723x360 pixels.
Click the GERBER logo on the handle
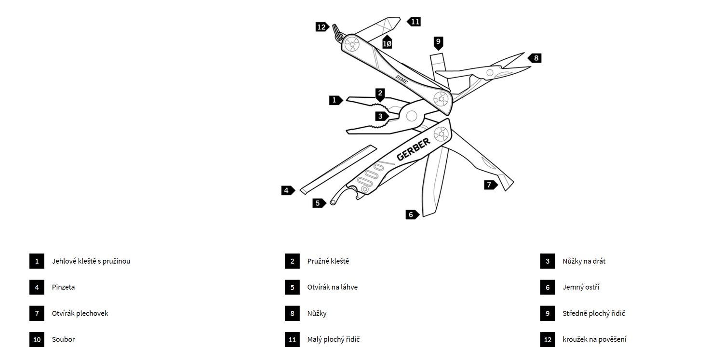(414, 149)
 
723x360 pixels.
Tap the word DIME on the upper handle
(402, 80)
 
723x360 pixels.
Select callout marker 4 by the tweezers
(287, 190)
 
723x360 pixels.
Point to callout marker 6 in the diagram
(411, 214)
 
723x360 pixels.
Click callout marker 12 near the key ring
(321, 27)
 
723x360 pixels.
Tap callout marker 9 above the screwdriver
(438, 42)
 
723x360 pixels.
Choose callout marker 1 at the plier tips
(335, 100)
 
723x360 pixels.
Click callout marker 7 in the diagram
(490, 185)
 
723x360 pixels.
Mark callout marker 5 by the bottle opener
(318, 203)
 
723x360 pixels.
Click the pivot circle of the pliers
(412, 116)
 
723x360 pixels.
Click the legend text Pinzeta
(63, 287)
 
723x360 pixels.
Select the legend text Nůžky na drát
(584, 261)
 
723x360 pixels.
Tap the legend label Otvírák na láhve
(332, 287)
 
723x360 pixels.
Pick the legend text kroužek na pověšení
(594, 339)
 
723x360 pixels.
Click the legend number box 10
(37, 339)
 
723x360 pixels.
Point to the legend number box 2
(292, 261)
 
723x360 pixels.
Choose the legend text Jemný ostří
(581, 287)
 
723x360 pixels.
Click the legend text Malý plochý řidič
(334, 339)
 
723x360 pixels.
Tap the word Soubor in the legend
(63, 339)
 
